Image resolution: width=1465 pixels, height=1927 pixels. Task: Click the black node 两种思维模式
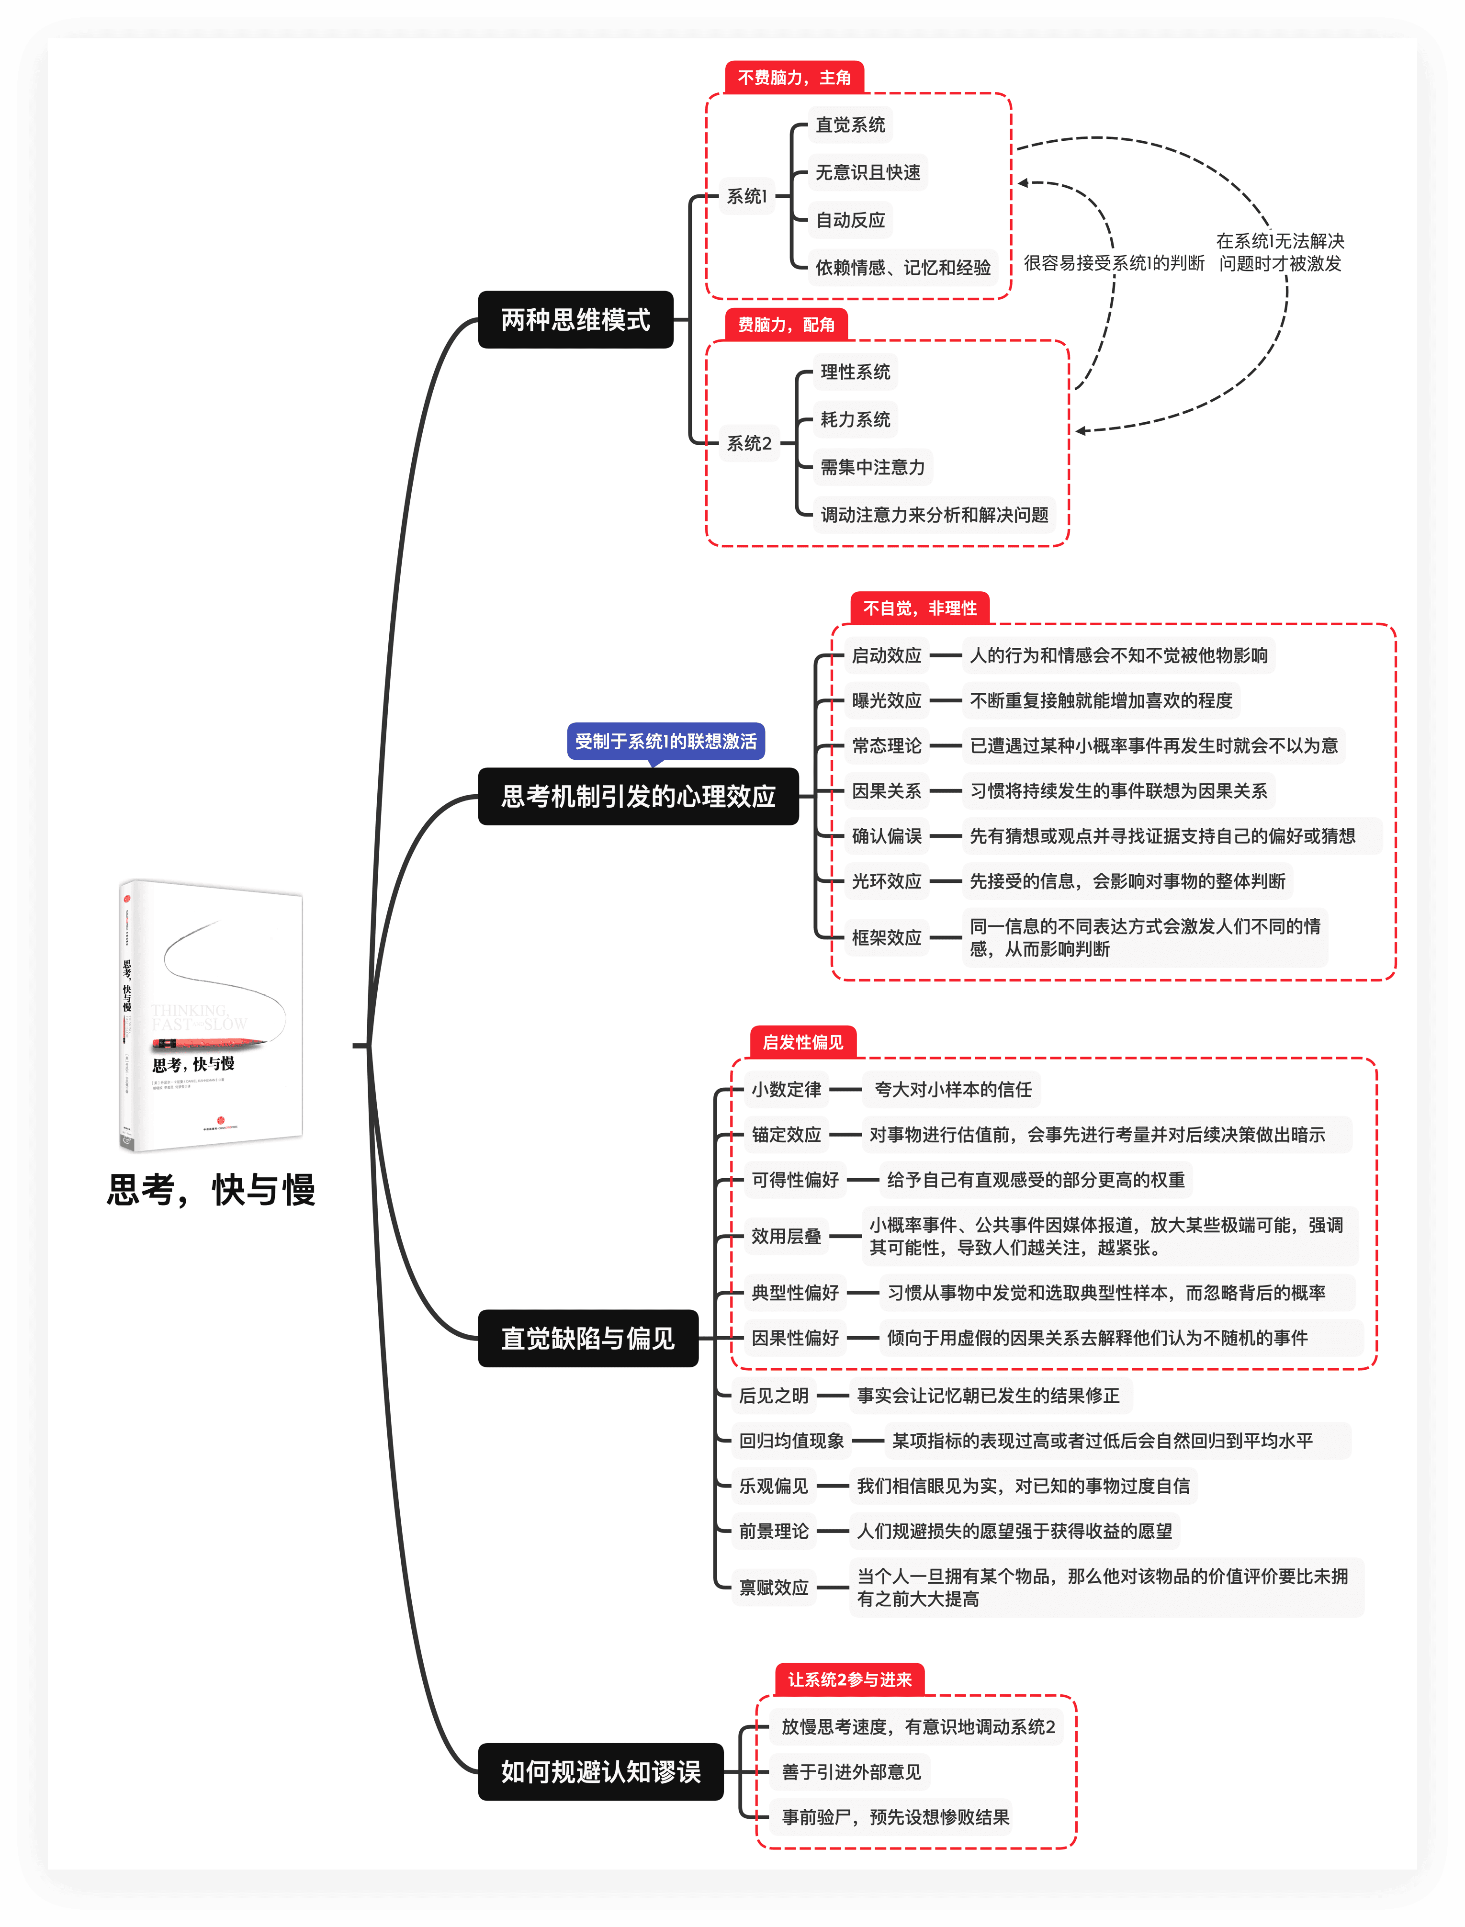pyautogui.click(x=575, y=320)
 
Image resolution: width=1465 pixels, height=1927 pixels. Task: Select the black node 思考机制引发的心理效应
pyautogui.click(x=638, y=796)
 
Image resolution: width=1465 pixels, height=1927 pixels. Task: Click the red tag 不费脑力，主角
pyautogui.click(x=794, y=78)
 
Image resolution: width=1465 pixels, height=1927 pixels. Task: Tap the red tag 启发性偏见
pyautogui.click(x=802, y=1042)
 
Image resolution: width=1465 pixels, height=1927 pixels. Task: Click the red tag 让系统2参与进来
pyautogui.click(x=849, y=1679)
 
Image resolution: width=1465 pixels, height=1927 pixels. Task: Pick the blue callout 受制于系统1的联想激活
pyautogui.click(x=665, y=741)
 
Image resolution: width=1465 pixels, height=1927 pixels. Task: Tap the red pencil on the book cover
pyautogui.click(x=209, y=1042)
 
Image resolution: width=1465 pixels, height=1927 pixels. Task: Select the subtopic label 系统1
pyautogui.click(x=746, y=196)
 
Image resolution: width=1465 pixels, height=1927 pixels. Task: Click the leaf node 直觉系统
pyautogui.click(x=850, y=124)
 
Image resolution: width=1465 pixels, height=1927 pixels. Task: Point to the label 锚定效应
pyautogui.click(x=787, y=1134)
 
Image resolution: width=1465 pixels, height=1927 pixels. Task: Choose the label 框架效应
pyautogui.click(x=886, y=937)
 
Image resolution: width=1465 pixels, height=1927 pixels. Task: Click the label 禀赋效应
pyautogui.click(x=774, y=1587)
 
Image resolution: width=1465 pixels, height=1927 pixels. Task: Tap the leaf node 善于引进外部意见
pyautogui.click(x=851, y=1772)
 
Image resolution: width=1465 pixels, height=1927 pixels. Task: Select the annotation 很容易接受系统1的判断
pyautogui.click(x=1114, y=262)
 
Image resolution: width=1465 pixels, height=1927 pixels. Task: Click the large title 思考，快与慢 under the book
pyautogui.click(x=211, y=1189)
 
